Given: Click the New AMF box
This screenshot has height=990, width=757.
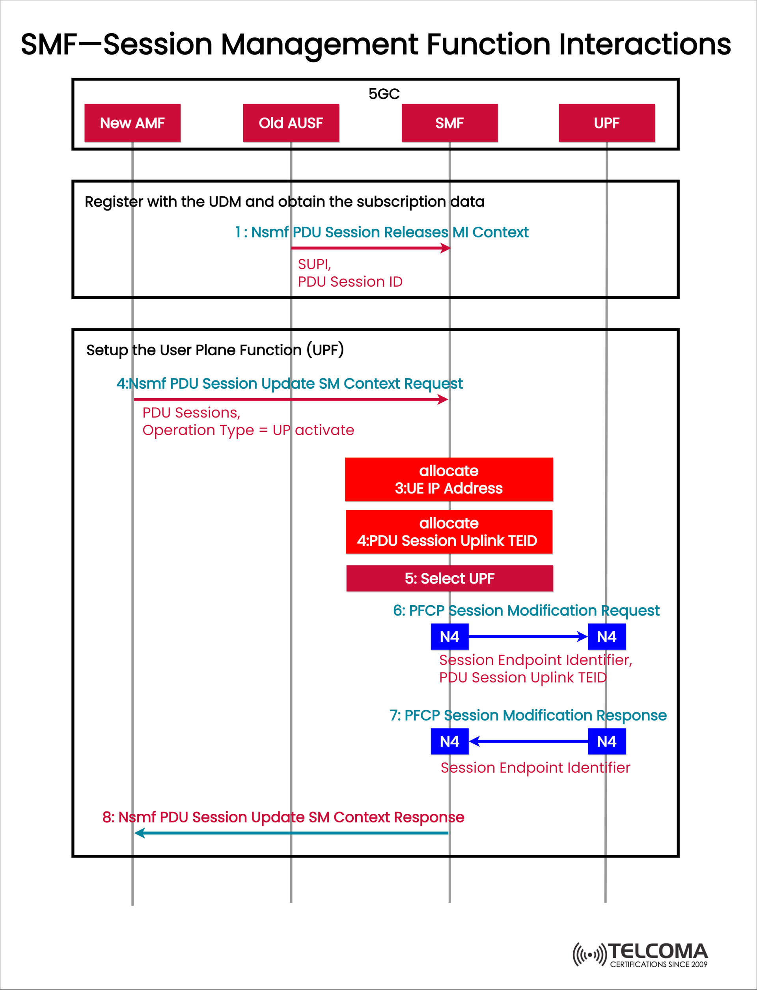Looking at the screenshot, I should [x=132, y=123].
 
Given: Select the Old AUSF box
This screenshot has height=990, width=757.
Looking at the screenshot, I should [x=291, y=123].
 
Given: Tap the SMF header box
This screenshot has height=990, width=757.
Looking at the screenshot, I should [x=450, y=123].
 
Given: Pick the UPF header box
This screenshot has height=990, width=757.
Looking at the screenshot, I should [x=606, y=123].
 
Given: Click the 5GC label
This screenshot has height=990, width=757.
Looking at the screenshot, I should [x=384, y=94].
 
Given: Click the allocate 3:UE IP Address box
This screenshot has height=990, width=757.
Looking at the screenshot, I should [x=449, y=479].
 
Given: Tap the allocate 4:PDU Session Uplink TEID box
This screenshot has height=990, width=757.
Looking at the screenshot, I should [x=449, y=532].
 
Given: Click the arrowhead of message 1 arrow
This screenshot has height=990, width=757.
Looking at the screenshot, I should [x=446, y=248].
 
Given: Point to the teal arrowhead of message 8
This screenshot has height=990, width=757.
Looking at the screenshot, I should [x=139, y=833].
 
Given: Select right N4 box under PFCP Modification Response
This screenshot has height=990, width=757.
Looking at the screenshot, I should [x=606, y=741].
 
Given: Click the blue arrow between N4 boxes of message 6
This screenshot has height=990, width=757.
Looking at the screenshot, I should [x=527, y=637].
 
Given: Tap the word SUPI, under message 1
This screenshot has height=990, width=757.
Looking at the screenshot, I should [x=314, y=264].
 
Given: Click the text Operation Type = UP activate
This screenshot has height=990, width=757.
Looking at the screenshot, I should [x=248, y=430].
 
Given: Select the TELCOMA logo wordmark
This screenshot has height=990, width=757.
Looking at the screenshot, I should [x=658, y=951].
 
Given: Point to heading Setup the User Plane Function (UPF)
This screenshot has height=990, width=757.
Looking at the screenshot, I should [x=215, y=350].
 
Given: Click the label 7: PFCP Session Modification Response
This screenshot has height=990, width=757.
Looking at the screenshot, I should [x=528, y=715].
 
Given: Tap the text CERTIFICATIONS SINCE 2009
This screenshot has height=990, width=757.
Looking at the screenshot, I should [x=658, y=964].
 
